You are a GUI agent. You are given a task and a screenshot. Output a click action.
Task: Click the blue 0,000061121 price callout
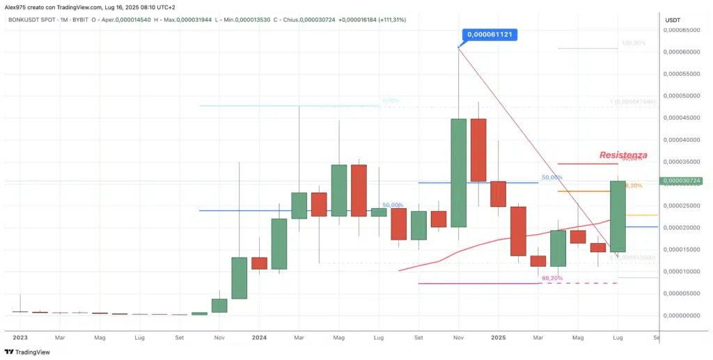[x=492, y=34]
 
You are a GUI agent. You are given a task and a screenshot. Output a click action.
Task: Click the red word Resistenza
[x=623, y=155]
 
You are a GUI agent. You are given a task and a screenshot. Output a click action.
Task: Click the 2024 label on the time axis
[x=259, y=337]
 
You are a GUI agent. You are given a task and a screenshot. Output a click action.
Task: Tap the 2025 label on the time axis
[x=498, y=337]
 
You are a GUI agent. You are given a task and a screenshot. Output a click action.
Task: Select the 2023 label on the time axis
[x=19, y=337]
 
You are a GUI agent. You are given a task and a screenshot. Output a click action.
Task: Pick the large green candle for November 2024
[x=459, y=173]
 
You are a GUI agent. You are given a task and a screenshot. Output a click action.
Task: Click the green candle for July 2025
[x=618, y=216]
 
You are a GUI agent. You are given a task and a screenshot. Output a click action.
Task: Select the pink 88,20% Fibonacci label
[x=551, y=278]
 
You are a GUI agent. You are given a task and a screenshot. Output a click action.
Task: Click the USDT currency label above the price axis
[x=673, y=20]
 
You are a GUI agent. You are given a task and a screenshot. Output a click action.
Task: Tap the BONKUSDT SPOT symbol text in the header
[x=36, y=19]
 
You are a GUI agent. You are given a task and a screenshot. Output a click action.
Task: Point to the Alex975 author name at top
[x=17, y=7]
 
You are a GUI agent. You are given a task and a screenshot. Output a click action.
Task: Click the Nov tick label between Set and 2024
[x=219, y=337]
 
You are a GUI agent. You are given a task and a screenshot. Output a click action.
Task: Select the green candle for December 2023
[x=240, y=278]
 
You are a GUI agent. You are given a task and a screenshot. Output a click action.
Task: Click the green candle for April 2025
[x=558, y=248]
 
